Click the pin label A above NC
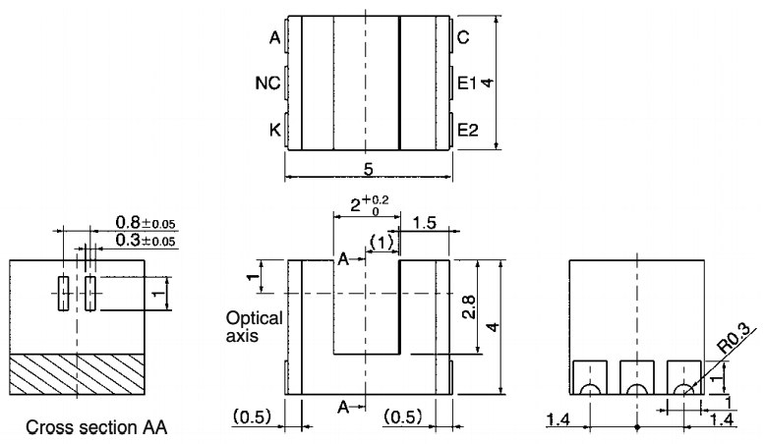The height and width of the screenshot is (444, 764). point(274,39)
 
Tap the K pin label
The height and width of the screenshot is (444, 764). point(274,129)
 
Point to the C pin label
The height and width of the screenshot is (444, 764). point(462,39)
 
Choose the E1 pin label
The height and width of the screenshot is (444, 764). point(467,84)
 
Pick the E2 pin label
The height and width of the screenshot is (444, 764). point(467,129)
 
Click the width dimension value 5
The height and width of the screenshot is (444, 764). point(368,169)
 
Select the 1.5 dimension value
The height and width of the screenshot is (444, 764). point(426,223)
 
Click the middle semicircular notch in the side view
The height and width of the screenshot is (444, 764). point(637,388)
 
